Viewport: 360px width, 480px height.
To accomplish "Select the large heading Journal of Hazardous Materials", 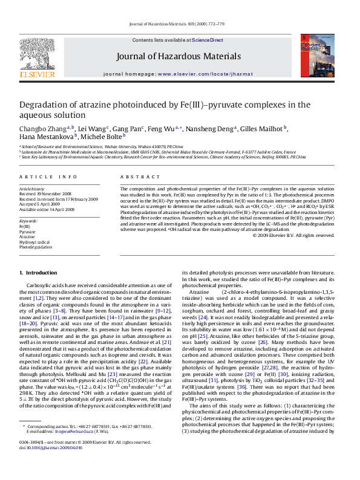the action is pyautogui.click(x=180, y=58).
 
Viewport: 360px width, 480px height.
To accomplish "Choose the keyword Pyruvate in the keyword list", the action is pyautogui.click(x=28, y=232).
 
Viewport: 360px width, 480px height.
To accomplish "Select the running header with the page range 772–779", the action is pyautogui.click(x=180, y=24).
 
